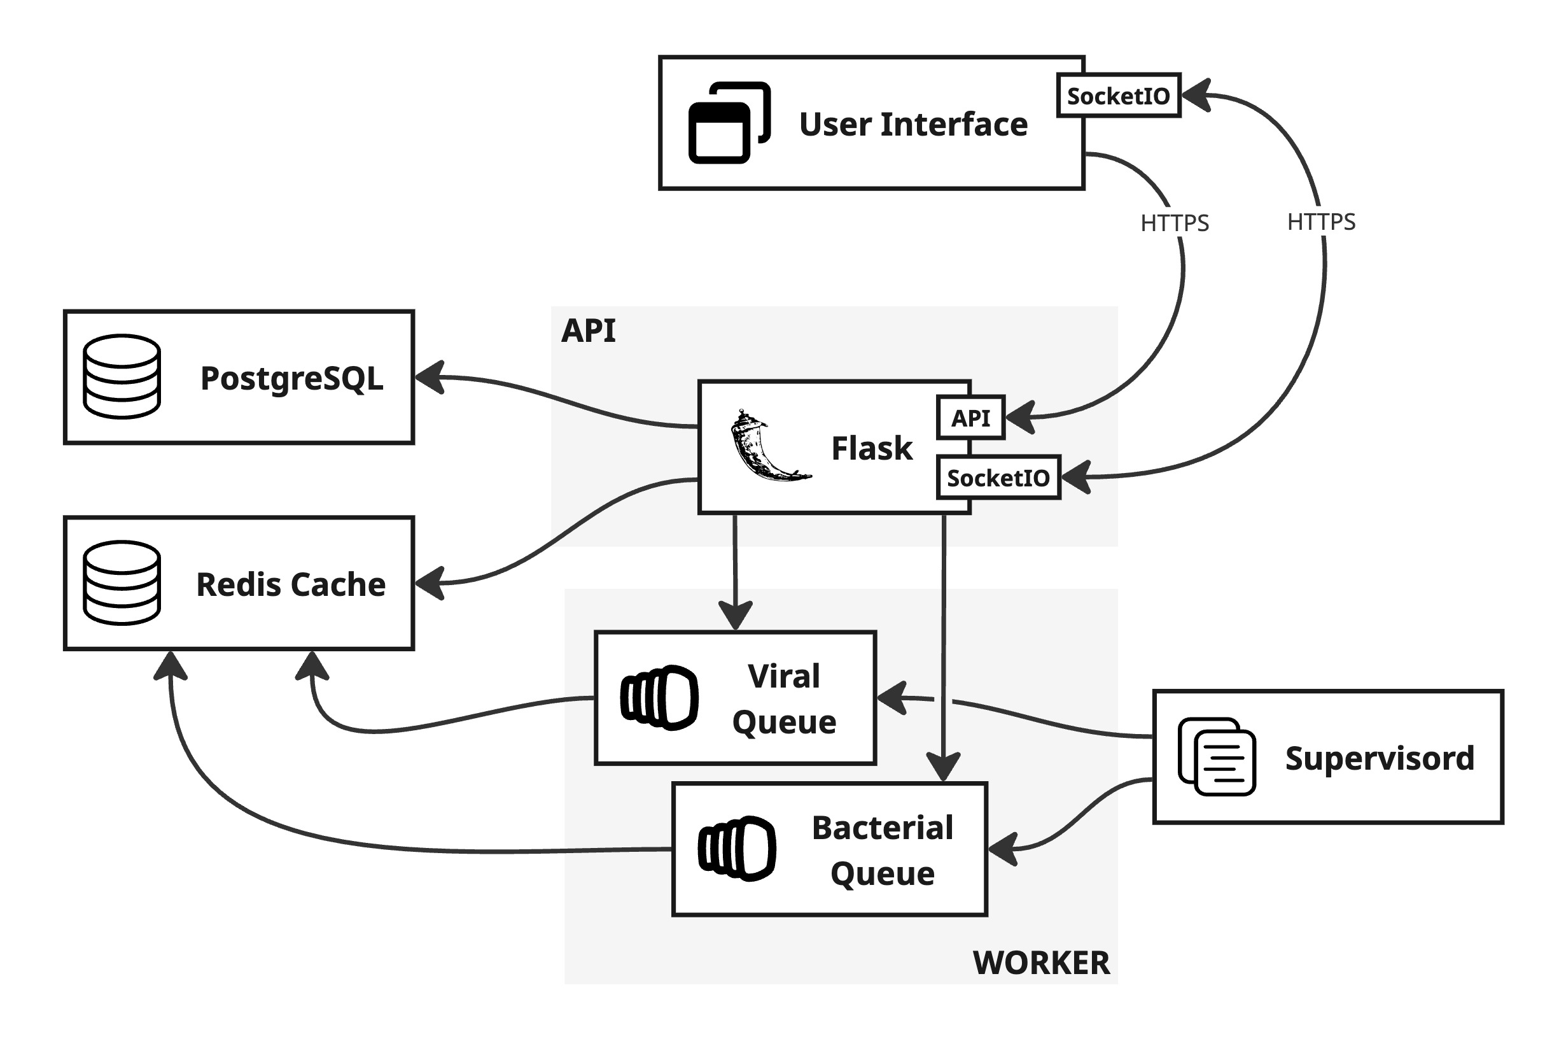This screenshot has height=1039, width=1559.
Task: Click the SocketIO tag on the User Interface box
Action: point(1117,95)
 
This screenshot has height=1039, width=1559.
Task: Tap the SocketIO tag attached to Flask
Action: point(997,477)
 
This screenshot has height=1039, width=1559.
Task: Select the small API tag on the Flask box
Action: point(970,418)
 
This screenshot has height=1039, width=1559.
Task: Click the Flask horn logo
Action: point(767,445)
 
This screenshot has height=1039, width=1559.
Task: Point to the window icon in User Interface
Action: point(729,123)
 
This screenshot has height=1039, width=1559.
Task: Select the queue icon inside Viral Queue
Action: point(659,697)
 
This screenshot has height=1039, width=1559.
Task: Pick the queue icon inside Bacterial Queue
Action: point(736,848)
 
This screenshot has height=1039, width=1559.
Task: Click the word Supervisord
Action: point(1379,758)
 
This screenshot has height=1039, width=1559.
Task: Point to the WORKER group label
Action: point(1040,962)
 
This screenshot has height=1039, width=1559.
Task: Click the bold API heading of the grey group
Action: point(587,330)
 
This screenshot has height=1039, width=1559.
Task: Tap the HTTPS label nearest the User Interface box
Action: point(1173,223)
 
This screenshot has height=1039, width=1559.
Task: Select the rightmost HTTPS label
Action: point(1320,222)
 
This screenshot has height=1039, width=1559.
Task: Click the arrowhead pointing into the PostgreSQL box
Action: point(429,378)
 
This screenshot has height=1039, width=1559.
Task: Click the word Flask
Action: point(871,448)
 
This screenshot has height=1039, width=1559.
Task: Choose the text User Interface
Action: point(912,124)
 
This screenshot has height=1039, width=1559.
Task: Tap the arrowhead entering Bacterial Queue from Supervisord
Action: point(1003,849)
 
